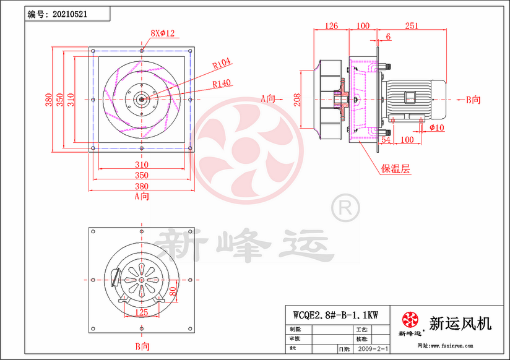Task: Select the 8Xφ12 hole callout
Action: point(163,32)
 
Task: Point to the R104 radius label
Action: point(221,62)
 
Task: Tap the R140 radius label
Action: point(221,82)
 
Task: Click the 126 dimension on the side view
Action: point(332,26)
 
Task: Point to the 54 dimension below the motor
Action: point(384,140)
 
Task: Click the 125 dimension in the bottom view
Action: point(141,312)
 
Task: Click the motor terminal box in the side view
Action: point(411,98)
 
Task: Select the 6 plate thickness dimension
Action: point(388,37)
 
